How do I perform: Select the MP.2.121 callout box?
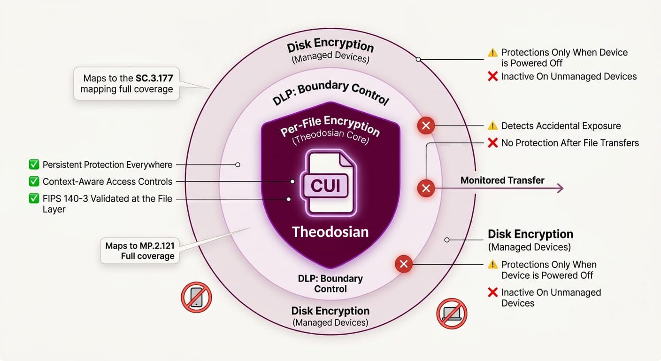140,251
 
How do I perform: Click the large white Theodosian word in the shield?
330,231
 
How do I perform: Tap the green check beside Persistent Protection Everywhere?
34,165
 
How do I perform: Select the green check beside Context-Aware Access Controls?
34,181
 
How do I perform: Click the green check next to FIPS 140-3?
34,199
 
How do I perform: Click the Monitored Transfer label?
502,180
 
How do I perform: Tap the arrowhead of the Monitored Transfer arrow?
560,188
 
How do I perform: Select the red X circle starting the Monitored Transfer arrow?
426,188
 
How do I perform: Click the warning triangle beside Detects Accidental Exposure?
492,126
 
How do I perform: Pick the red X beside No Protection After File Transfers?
492,143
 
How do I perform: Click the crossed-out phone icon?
196,297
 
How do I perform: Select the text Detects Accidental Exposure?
561,126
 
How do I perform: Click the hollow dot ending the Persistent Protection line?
238,165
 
